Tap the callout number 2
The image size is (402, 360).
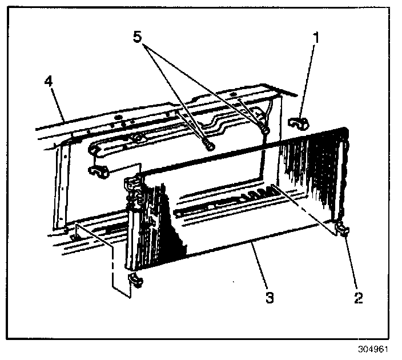358,297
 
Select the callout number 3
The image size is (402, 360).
270,297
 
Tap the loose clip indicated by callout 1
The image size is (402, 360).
298,123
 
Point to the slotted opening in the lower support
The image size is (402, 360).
228,200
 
